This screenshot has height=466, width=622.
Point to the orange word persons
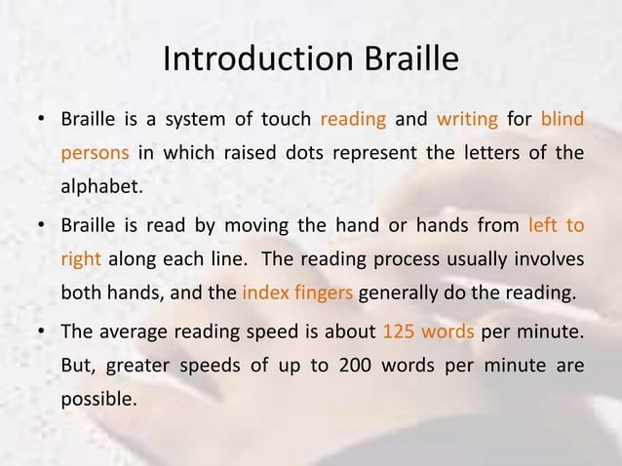coord(96,153)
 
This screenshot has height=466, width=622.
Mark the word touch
coord(281,121)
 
